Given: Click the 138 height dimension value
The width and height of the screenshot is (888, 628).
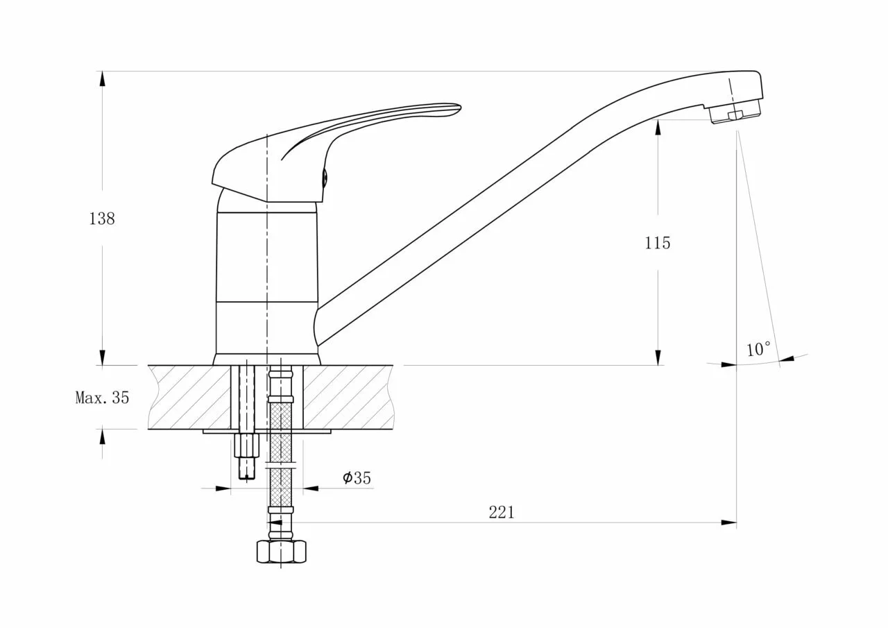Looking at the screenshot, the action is pos(102,219).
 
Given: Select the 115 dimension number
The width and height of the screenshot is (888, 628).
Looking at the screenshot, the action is pos(657,243).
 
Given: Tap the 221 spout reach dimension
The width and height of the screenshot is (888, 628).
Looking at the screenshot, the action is pos(502,512).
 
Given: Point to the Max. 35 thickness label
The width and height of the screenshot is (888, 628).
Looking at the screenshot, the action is pos(102,397).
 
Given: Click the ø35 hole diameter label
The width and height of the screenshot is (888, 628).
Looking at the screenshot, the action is pos(357,477).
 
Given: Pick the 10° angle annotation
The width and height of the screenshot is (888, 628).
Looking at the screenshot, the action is pos(759,349).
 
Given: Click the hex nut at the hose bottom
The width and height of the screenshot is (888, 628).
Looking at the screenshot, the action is pos(282,552).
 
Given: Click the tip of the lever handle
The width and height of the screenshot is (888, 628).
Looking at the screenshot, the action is pos(460,107).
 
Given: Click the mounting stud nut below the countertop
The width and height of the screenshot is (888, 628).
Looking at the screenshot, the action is pos(246,445).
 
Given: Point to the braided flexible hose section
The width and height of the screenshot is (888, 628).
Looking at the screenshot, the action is pos(281,452).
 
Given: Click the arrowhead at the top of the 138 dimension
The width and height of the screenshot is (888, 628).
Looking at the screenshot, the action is pos(102,78).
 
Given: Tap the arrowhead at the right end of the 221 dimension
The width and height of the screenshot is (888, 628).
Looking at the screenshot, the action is pos(728,523).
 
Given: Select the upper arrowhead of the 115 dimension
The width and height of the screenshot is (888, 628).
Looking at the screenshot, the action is pos(658,127).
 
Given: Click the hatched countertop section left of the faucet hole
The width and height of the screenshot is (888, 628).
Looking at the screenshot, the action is pos(190,397).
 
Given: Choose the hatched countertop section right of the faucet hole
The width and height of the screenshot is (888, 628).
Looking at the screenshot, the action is pos(348,397).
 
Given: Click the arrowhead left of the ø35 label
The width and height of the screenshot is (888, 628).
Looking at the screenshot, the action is pos(223,489).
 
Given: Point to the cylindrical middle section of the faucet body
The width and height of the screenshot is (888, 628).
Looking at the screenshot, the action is pos(267,257).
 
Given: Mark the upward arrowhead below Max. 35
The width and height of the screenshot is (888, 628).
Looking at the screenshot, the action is pos(102,437).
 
